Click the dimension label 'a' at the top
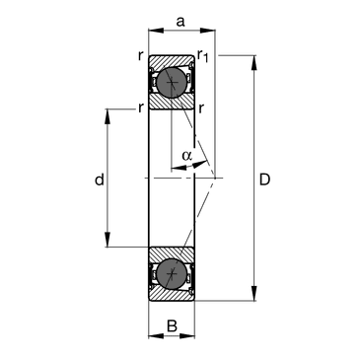180,22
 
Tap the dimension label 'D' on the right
264,180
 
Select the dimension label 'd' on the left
100,180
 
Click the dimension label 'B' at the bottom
172,326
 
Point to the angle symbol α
186,155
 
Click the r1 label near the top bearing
203,56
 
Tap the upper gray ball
172,82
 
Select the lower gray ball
172,274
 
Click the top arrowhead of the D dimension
253,62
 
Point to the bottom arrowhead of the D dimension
253,294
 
